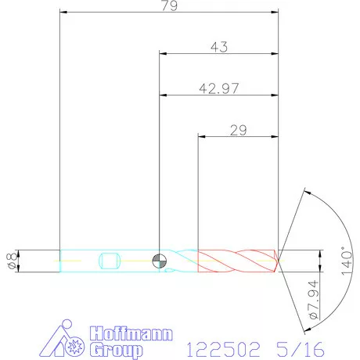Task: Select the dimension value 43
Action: pos(219,47)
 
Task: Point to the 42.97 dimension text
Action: pos(219,88)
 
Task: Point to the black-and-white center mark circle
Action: pos(160,261)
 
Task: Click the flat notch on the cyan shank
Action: pos(109,261)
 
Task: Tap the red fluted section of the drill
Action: pos(235,261)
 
